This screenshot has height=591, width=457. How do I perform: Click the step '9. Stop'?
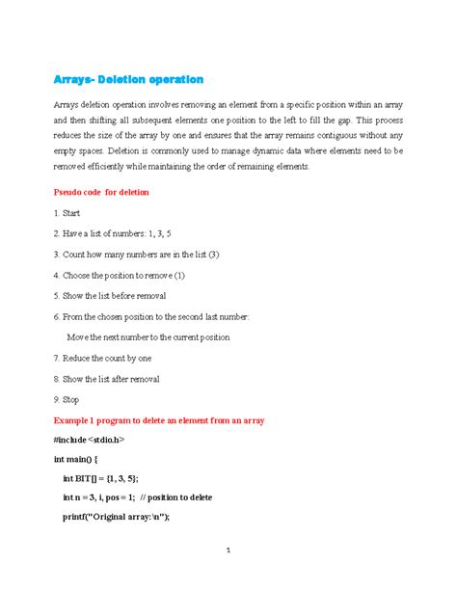(67, 399)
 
